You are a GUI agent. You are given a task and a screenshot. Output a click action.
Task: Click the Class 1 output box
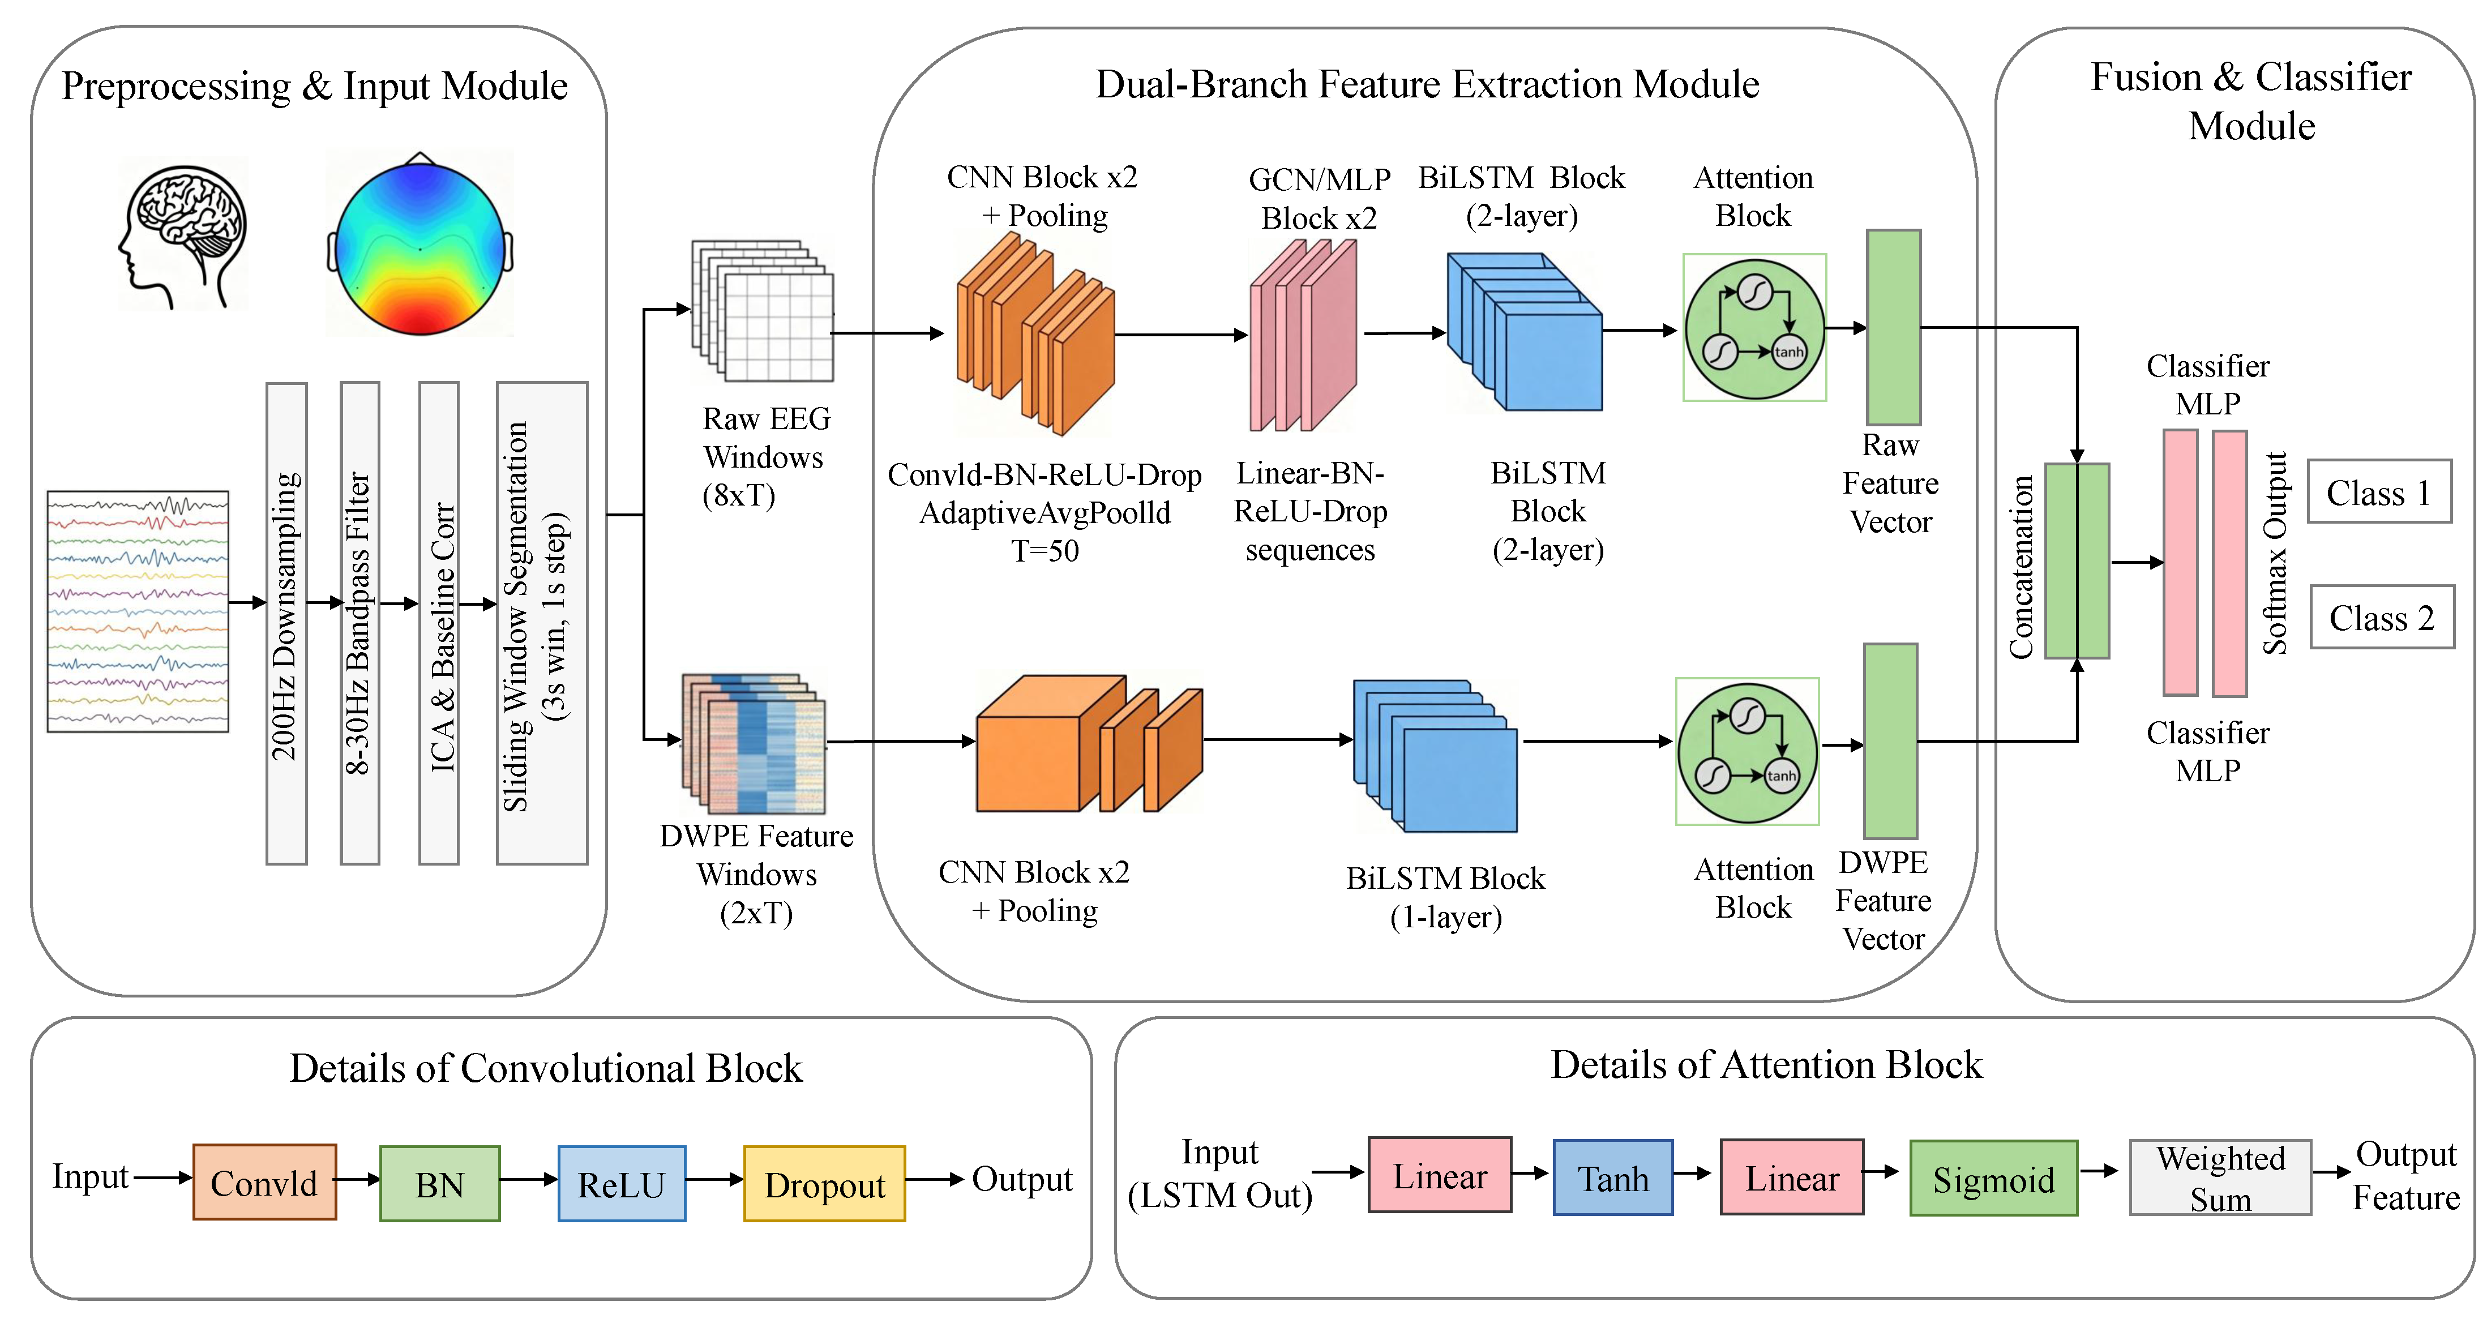click(x=2379, y=491)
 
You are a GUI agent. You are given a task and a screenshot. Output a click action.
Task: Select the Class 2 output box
click(x=2382, y=617)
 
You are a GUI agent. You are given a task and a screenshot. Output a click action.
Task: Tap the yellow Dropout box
click(x=824, y=1184)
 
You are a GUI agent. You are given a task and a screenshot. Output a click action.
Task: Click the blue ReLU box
click(x=622, y=1184)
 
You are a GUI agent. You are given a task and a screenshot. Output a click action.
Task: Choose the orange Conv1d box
click(x=264, y=1182)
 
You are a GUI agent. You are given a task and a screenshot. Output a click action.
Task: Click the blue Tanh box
click(x=1612, y=1177)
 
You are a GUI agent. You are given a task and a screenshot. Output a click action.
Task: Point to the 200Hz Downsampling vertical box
click(x=286, y=623)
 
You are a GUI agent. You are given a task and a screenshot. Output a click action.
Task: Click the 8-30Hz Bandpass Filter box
click(x=360, y=623)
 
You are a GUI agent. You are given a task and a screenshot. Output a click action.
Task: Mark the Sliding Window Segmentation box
click(x=542, y=623)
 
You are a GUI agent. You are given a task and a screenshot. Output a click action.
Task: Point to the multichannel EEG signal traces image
click(x=138, y=611)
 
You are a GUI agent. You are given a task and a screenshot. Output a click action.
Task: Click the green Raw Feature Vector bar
click(x=1893, y=327)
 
